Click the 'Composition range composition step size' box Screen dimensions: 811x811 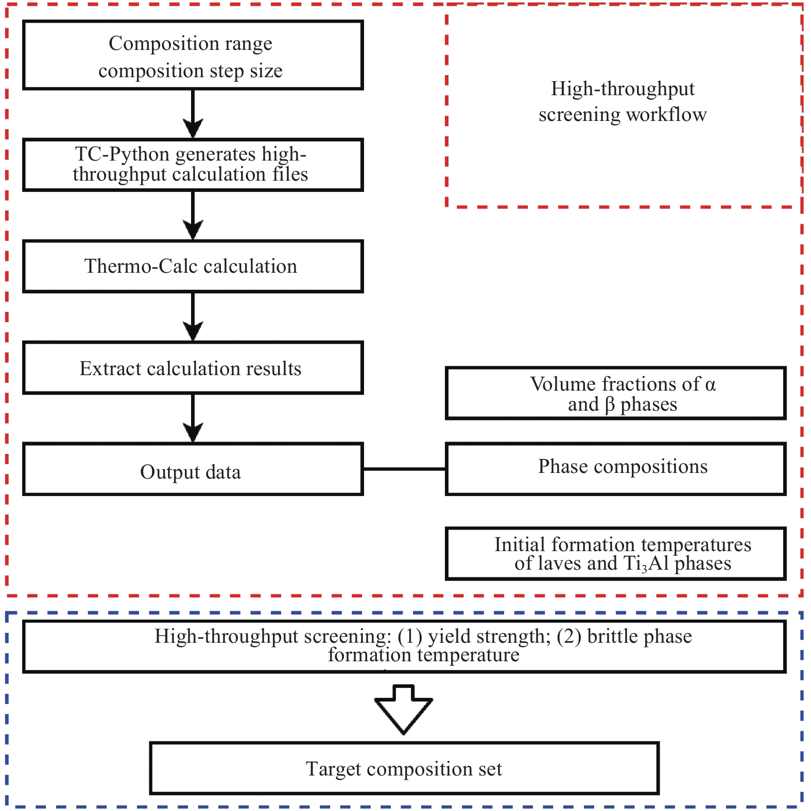(193, 55)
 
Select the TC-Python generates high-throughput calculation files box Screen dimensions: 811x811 (193, 165)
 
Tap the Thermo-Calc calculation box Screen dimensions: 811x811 (193, 266)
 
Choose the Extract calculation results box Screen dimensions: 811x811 (193, 367)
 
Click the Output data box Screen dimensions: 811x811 (193, 469)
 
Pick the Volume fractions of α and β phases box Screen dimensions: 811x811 (615, 393)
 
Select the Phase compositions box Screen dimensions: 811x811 (615, 469)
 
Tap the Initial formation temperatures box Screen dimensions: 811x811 (615, 554)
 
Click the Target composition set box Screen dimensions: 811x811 (404, 768)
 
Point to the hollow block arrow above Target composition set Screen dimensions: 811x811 (404, 709)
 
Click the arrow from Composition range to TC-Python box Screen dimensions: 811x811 (193, 114)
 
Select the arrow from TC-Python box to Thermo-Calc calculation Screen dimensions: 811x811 (193, 215)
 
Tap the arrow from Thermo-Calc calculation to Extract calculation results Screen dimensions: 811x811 (193, 316)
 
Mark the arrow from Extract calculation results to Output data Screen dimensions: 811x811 (193, 418)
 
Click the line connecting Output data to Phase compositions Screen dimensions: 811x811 (404, 469)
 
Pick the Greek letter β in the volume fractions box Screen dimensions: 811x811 (610, 405)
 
